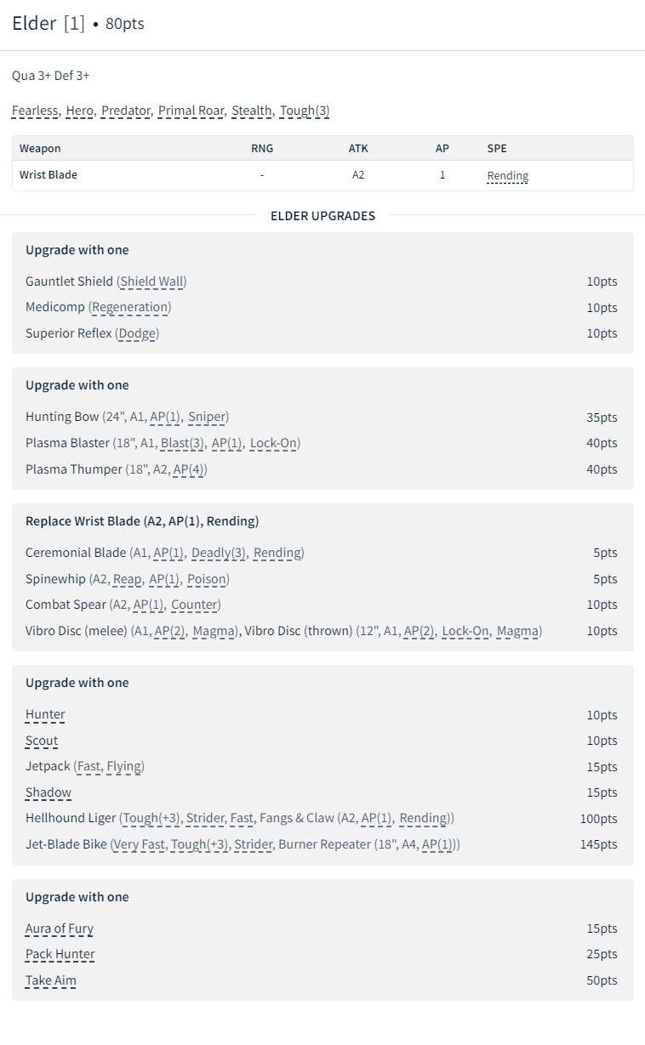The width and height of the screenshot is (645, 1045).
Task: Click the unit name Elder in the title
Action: pyautogui.click(x=34, y=24)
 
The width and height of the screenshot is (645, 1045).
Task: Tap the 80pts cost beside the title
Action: pyautogui.click(x=124, y=24)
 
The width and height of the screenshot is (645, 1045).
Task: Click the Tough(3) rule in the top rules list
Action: pyautogui.click(x=304, y=111)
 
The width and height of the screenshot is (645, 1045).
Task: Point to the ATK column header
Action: pyautogui.click(x=358, y=148)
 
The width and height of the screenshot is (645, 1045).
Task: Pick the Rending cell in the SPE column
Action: pyautogui.click(x=507, y=176)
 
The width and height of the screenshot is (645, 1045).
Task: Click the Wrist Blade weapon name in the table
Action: pyautogui.click(x=49, y=175)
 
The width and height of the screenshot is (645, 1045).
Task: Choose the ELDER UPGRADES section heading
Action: pyautogui.click(x=322, y=216)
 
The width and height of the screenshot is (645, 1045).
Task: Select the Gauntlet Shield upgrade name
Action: pyautogui.click(x=69, y=281)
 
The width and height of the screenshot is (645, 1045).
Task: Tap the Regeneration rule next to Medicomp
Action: pyautogui.click(x=131, y=307)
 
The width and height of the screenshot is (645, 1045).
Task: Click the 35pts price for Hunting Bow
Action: pyautogui.click(x=602, y=417)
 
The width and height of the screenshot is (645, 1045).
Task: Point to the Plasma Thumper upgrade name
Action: pyautogui.click(x=74, y=469)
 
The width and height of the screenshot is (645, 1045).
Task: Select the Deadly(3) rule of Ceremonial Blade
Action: pyautogui.click(x=219, y=553)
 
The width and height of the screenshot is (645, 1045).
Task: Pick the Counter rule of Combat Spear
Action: pyautogui.click(x=195, y=605)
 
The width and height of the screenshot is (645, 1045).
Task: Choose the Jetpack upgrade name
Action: pyautogui.click(x=48, y=766)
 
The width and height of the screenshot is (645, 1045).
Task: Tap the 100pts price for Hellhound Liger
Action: pyautogui.click(x=598, y=819)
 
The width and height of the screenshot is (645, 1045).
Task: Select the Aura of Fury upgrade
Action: pyautogui.click(x=60, y=929)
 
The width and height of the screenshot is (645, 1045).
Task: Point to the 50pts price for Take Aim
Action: pyautogui.click(x=602, y=980)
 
